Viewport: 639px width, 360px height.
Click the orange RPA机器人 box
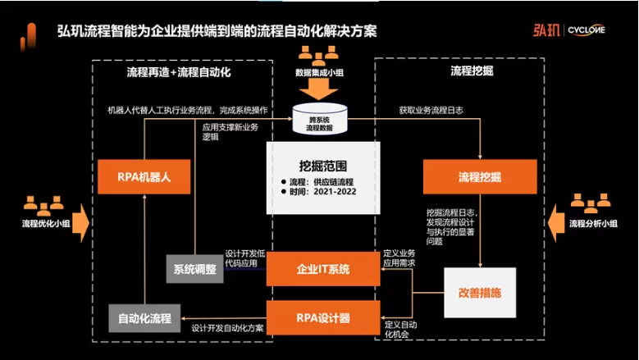144,175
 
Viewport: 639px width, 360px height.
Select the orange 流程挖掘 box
479,176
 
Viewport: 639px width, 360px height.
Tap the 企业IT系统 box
323,268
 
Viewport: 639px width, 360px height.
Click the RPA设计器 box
323,316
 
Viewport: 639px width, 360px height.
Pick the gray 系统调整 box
194,269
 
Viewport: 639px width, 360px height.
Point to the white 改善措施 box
479,292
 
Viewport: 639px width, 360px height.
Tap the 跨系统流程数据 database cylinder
323,122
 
